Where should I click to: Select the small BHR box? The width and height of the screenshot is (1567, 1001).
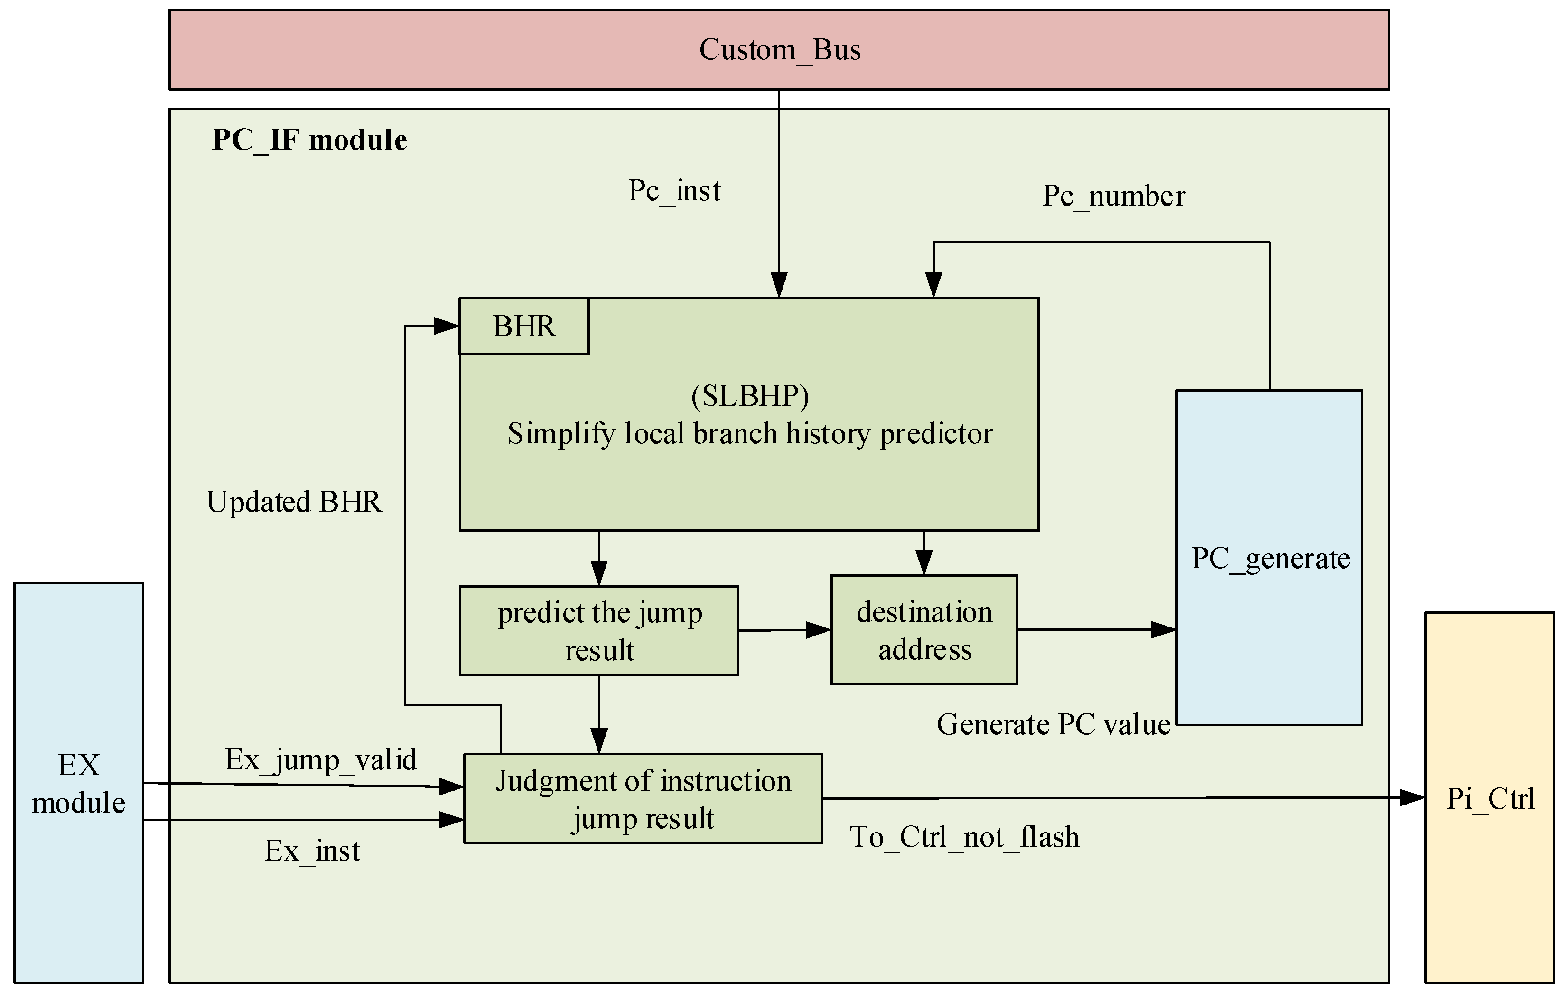pyautogui.click(x=524, y=326)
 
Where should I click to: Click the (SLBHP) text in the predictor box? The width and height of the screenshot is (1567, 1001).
pyautogui.click(x=750, y=396)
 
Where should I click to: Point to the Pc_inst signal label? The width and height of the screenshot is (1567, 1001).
pyautogui.click(x=674, y=191)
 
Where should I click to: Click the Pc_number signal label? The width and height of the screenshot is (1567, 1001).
pyautogui.click(x=1113, y=196)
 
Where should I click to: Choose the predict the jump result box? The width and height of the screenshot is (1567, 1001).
pyautogui.click(x=599, y=631)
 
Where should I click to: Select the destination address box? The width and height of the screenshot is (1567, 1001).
pyautogui.click(x=923, y=630)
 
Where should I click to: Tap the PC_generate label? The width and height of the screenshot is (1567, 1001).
pyautogui.click(x=1269, y=559)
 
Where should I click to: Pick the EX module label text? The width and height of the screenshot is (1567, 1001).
pyautogui.click(x=79, y=783)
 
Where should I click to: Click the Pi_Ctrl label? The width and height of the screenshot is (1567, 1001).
pyautogui.click(x=1490, y=799)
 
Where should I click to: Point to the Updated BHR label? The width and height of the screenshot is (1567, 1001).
pyautogui.click(x=294, y=502)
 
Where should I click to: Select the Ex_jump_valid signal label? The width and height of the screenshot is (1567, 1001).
pyautogui.click(x=321, y=759)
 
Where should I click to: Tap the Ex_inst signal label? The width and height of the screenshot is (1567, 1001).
pyautogui.click(x=312, y=851)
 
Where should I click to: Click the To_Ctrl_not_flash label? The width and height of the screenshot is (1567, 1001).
pyautogui.click(x=964, y=837)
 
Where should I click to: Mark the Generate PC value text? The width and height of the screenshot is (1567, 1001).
pyautogui.click(x=1053, y=724)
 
